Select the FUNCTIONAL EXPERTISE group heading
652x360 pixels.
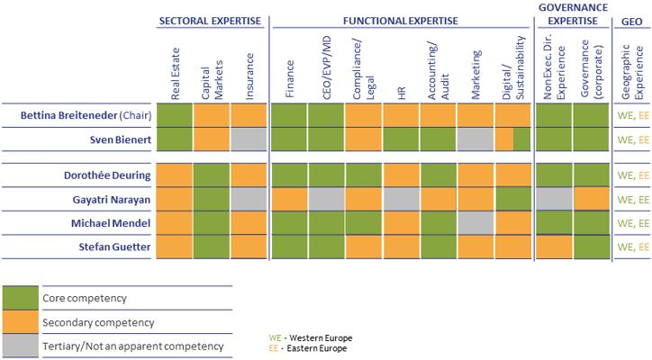click(400, 20)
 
